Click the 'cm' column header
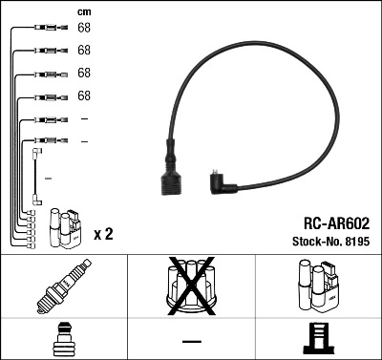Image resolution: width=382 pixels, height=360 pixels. [83, 11]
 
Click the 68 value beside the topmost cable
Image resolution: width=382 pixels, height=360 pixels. [84, 28]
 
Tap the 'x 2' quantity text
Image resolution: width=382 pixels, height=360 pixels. [102, 234]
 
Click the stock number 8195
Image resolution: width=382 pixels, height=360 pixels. [355, 243]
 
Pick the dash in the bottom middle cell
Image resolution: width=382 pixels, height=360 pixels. [191, 340]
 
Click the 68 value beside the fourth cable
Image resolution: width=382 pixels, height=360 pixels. [84, 95]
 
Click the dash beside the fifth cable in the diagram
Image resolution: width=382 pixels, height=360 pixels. [84, 118]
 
